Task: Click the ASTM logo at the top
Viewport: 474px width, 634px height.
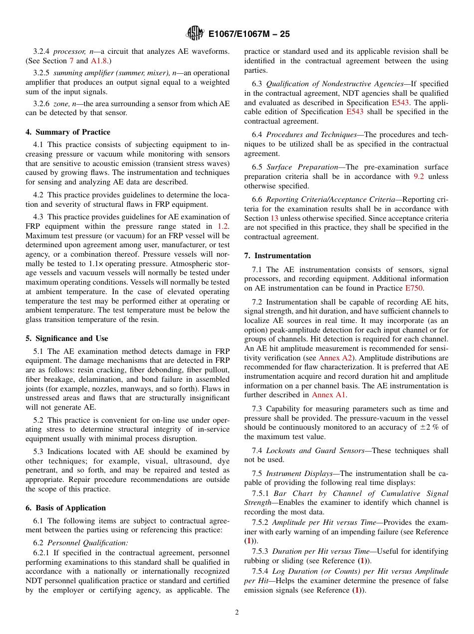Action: tap(195, 33)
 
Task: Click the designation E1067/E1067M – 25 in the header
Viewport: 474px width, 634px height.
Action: tap(249, 34)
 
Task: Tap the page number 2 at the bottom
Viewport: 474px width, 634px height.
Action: tap(237, 613)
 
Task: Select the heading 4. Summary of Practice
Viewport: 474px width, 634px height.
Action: tap(68, 132)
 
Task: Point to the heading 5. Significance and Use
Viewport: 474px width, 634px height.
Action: tap(67, 338)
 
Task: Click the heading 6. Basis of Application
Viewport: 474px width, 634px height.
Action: tap(65, 508)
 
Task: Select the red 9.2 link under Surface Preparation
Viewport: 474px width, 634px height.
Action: tap(419, 176)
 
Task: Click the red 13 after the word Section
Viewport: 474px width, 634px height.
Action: tap(274, 218)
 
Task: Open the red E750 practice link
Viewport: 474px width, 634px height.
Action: tap(414, 288)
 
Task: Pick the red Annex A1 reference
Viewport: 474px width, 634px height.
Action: tap(328, 395)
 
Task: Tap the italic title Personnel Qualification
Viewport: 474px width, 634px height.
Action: tap(87, 543)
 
